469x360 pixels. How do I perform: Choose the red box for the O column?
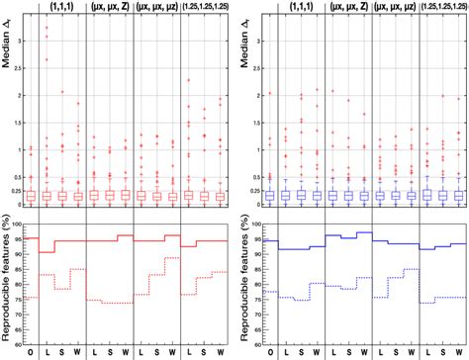tap(33, 196)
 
